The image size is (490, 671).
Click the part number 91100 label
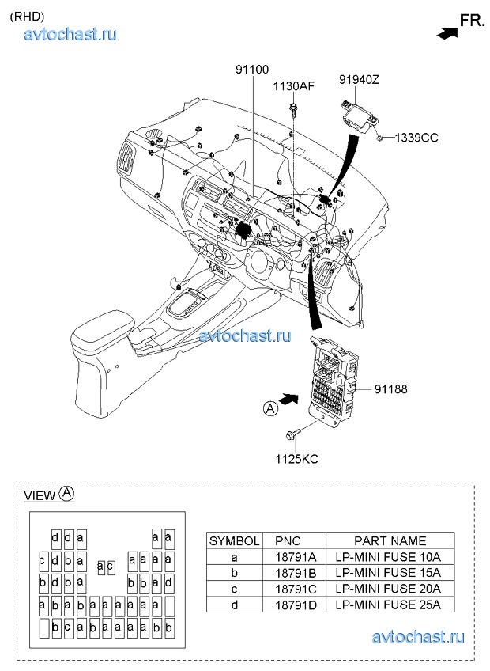pos(251,70)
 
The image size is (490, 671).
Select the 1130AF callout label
pos(294,86)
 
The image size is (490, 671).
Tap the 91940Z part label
pos(360,79)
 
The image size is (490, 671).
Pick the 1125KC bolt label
pos(296,458)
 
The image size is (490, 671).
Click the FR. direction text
pos(473,21)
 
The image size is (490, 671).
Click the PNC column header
pos(288,541)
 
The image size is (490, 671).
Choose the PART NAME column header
pos(390,541)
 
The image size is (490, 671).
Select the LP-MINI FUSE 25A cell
pos(390,605)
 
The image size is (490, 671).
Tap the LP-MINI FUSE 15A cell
pos(390,573)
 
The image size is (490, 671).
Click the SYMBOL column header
pos(234,541)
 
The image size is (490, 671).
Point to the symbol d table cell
pos(234,605)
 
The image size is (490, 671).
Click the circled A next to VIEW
pos(67,493)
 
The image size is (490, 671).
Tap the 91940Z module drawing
pos(360,113)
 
